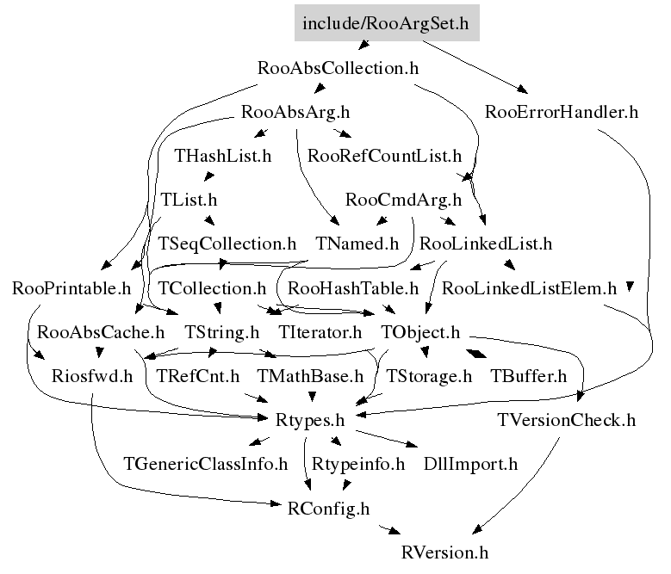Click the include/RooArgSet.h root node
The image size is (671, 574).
(x=386, y=23)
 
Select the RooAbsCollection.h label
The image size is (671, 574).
(x=338, y=68)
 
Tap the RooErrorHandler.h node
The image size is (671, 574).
(x=562, y=112)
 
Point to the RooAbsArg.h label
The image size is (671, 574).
(x=295, y=112)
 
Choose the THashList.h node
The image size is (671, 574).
(x=223, y=157)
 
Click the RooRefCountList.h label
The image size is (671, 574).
(x=384, y=157)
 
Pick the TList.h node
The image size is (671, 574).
(x=189, y=200)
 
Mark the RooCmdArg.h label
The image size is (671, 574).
(x=403, y=200)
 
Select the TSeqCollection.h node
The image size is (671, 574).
(x=227, y=244)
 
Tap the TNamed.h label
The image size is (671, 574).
(x=357, y=244)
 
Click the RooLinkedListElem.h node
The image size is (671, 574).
(x=529, y=287)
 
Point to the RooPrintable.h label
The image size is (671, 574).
(x=71, y=287)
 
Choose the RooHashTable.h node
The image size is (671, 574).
(x=353, y=287)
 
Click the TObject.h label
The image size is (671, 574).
(x=420, y=331)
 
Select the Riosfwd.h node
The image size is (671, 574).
(x=92, y=376)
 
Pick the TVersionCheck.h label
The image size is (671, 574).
(x=566, y=420)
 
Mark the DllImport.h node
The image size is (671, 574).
(x=470, y=464)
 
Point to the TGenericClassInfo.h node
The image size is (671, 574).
(x=206, y=464)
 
